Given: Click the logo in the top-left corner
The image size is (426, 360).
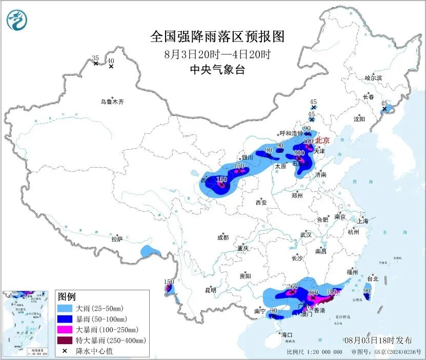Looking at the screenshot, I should coord(16,20).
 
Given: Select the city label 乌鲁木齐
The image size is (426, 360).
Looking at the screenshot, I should coord(112,102).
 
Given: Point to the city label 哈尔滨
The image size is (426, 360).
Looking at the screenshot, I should coord(373,78).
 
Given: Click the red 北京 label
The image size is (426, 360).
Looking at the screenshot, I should coord(322,140).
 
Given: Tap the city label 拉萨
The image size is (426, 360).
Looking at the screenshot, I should coord(117,239).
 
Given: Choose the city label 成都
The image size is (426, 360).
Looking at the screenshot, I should coord(222,237).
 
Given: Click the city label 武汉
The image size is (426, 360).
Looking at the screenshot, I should coord(306,234).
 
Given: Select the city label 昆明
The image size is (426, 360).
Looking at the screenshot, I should coord(211,290).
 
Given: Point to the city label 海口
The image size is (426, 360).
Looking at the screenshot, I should coord(287,334).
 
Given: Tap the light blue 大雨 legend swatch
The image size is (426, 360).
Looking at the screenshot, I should coord(66,308).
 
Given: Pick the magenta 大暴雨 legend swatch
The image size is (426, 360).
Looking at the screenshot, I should coord(66,329).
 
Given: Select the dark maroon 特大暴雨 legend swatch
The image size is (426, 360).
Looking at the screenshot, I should coord(66,340).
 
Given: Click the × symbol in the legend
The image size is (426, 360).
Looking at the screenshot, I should coord(66,351).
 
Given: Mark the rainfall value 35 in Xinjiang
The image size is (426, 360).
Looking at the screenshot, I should coord(95,58).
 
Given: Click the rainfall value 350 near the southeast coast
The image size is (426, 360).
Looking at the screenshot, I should coord(332,292).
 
